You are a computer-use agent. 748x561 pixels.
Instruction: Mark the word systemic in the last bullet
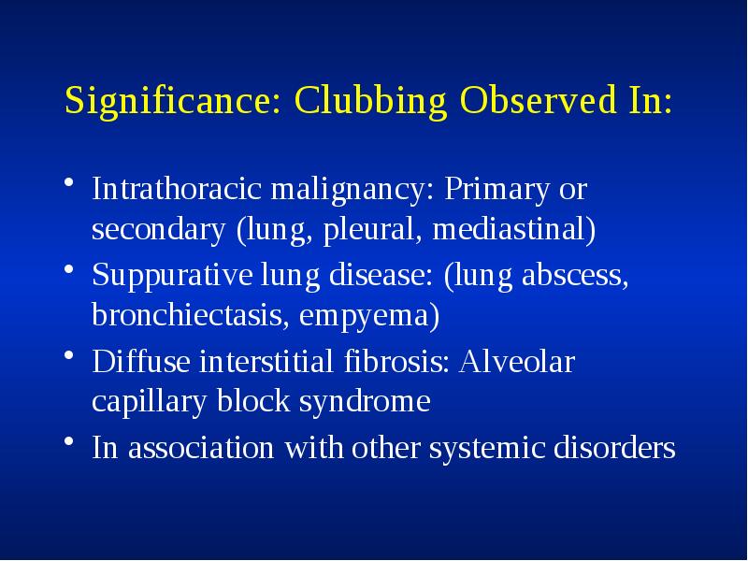coord(482,448)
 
